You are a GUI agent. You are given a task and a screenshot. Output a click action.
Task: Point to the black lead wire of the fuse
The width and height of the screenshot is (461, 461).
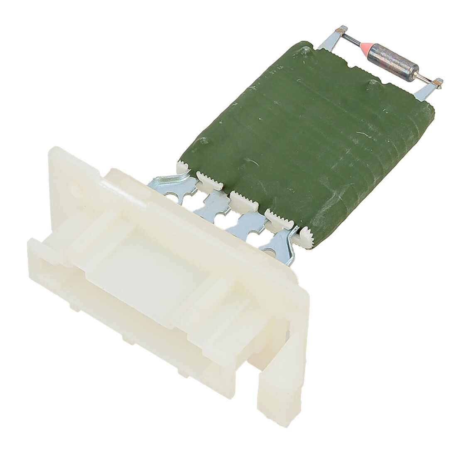(x=357, y=47)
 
